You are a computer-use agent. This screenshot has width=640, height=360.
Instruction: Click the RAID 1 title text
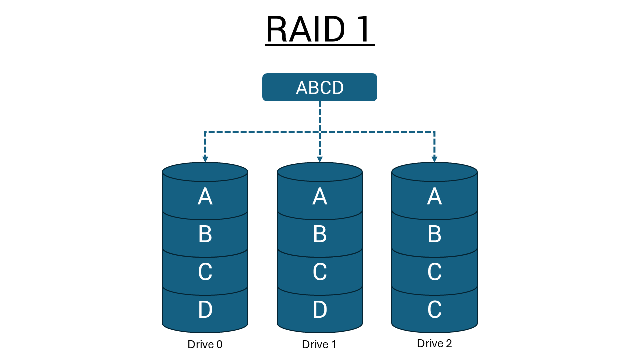click(319, 29)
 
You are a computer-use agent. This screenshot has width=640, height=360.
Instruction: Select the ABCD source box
click(319, 87)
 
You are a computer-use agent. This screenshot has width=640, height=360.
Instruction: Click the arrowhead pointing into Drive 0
click(205, 159)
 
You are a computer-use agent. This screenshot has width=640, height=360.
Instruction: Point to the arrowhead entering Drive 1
click(320, 159)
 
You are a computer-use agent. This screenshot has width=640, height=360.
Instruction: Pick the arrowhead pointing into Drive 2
click(434, 159)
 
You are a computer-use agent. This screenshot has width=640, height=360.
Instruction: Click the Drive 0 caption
click(205, 344)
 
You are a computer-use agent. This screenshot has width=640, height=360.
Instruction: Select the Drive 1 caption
click(319, 344)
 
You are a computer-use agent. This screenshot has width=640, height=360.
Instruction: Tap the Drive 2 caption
click(434, 344)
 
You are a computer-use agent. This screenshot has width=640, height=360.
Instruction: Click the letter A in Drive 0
click(205, 197)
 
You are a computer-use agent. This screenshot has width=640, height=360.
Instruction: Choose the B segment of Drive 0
click(205, 234)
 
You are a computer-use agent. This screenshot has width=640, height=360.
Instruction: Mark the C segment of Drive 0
click(205, 272)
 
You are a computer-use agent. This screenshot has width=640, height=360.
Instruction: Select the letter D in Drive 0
click(205, 310)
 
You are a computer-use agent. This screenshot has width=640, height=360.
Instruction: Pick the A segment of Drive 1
click(320, 197)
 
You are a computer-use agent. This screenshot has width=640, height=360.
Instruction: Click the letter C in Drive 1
click(320, 272)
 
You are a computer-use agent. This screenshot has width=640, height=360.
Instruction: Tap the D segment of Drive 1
click(320, 310)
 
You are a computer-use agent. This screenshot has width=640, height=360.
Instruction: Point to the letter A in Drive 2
click(434, 197)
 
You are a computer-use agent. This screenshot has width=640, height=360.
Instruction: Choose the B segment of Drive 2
click(434, 234)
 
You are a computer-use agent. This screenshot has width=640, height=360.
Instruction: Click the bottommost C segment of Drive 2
click(434, 310)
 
